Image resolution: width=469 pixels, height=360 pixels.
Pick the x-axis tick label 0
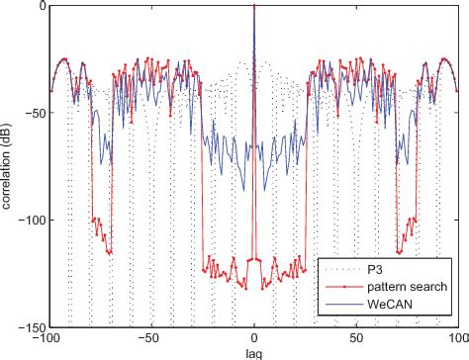click(254, 338)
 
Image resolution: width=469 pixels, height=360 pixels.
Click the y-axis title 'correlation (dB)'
click(10, 166)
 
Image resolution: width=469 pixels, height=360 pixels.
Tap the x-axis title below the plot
click(254, 352)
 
